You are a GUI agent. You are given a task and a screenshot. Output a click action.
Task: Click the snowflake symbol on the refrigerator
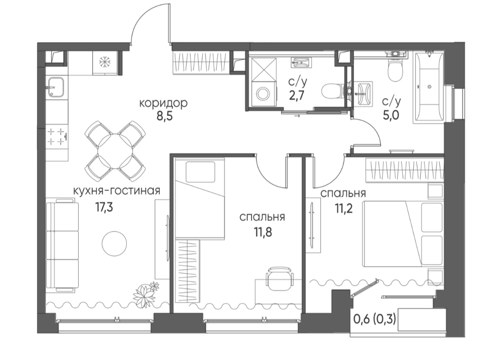click(x=105, y=62)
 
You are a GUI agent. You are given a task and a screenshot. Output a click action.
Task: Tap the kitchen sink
click(x=56, y=87)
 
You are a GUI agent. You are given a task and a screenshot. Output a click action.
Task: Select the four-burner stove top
click(x=57, y=137)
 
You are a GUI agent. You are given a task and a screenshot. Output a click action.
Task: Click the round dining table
click(x=115, y=151)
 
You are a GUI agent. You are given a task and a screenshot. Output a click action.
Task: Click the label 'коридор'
click(x=163, y=102)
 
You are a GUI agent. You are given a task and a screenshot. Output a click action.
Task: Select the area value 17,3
click(x=104, y=207)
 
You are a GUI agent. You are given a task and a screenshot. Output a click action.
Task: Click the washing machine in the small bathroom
click(x=264, y=93)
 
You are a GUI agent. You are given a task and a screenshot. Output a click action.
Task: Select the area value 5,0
click(x=390, y=115)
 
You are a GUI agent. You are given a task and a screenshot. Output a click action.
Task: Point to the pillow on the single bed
click(x=201, y=172)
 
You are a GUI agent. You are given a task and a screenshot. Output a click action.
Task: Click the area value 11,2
click(x=344, y=208)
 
